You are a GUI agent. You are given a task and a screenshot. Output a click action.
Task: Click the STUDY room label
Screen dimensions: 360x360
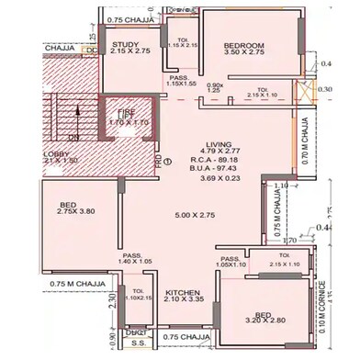click(125, 44)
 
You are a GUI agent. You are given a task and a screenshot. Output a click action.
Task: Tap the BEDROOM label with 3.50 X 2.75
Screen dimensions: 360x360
click(243, 45)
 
